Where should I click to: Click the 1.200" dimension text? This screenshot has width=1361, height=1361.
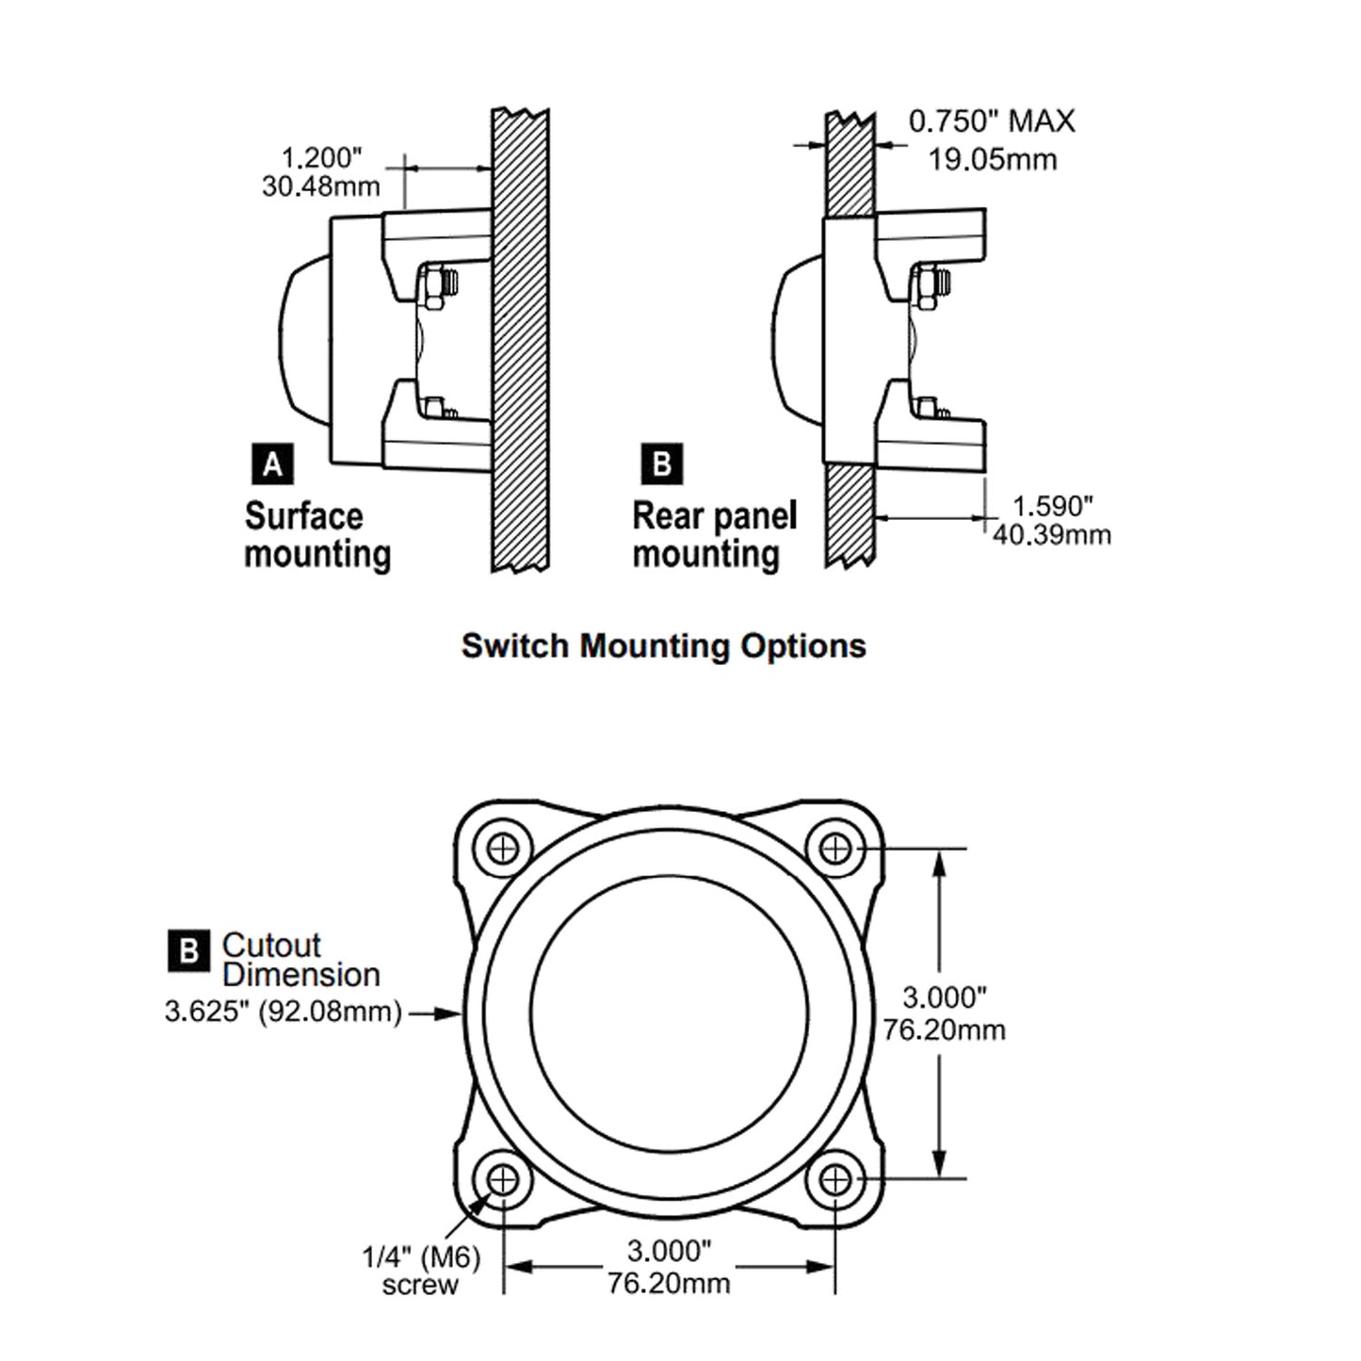[321, 157]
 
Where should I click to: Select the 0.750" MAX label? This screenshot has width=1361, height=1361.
[991, 122]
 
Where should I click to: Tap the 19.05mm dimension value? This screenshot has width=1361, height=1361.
[992, 159]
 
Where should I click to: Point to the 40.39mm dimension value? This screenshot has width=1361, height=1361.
[1051, 535]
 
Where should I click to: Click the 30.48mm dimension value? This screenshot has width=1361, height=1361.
[321, 186]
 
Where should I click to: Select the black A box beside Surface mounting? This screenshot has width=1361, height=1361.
[272, 464]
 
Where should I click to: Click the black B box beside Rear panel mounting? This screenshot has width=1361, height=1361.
[661, 464]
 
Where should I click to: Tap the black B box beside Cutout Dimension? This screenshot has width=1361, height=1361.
[188, 950]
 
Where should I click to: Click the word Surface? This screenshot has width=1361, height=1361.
[303, 516]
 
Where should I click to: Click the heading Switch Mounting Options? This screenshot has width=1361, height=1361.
[663, 646]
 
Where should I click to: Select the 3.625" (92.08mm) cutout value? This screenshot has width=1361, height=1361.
[284, 1013]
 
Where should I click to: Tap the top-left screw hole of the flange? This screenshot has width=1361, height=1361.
[504, 848]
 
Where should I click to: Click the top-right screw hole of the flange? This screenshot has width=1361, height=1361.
[835, 848]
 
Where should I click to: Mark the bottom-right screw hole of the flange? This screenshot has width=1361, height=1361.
[835, 1178]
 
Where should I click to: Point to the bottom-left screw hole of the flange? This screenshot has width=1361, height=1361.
[504, 1178]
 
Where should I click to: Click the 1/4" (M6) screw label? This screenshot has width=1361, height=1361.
[421, 1270]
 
